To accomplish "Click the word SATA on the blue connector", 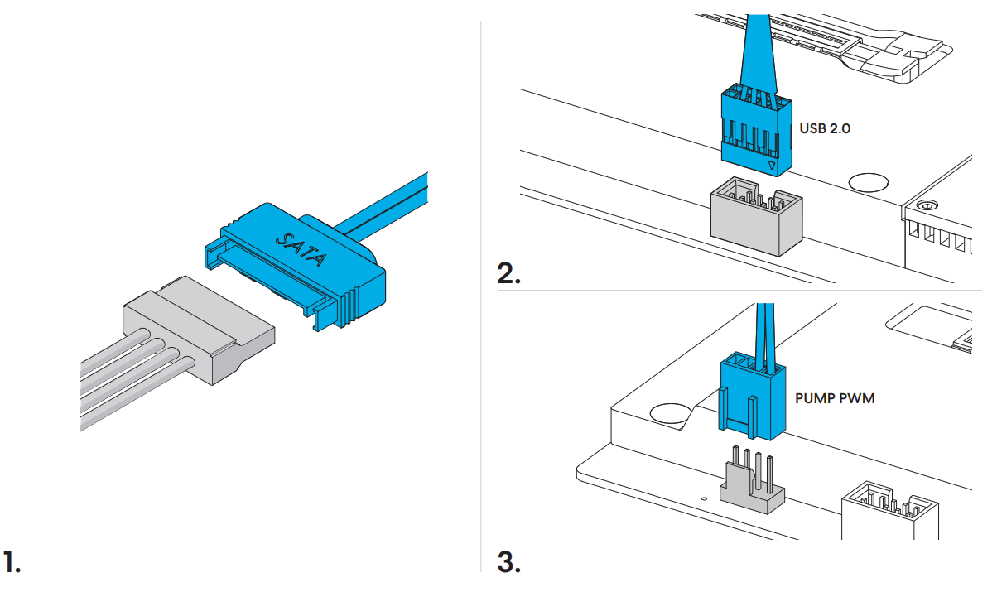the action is (301, 249).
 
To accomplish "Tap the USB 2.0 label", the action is (825, 128).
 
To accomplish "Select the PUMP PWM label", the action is (835, 398).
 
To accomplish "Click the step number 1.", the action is (12, 561).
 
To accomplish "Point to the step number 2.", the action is (508, 273).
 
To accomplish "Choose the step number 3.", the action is (508, 562).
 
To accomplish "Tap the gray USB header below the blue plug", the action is (756, 217).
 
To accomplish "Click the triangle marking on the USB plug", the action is (772, 166).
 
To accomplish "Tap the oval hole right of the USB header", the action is (869, 182).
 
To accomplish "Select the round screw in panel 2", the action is (927, 205).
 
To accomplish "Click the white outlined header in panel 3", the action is (890, 511).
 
